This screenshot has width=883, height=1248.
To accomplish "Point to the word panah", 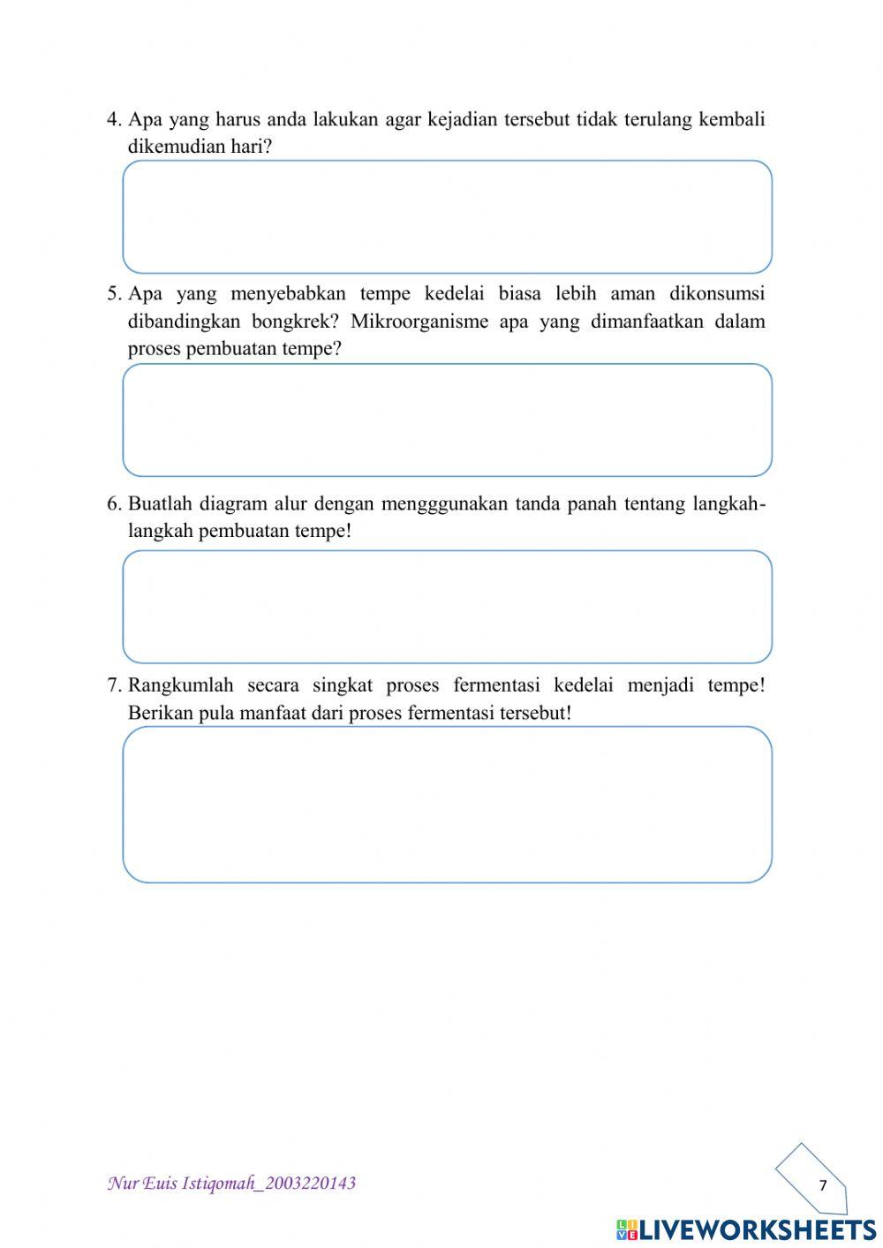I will coord(592,504).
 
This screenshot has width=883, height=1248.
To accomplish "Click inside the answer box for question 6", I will coord(447,607).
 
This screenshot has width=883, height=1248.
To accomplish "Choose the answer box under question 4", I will coord(447,216).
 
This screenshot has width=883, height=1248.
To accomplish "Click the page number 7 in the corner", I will coord(822,1185).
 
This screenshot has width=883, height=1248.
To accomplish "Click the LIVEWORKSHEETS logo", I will coord(746,1229).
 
